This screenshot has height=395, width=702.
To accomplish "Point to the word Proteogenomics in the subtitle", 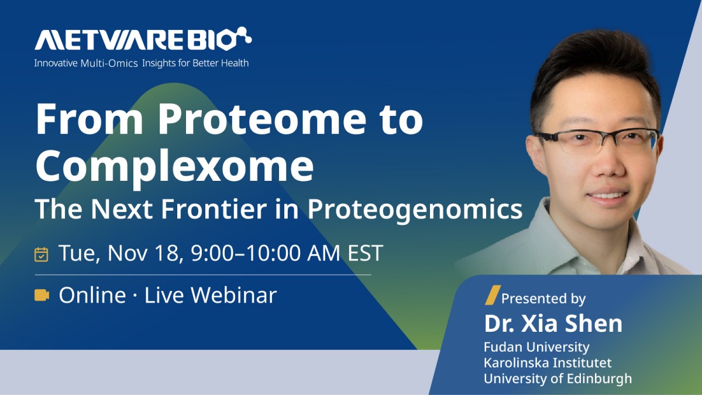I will (415, 209).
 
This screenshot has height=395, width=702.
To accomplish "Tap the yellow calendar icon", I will (42, 254).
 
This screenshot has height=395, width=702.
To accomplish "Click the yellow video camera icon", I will (42, 295).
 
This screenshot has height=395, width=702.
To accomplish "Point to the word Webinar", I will (234, 295).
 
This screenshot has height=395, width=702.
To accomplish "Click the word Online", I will (92, 295).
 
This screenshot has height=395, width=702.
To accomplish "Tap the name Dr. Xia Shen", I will (553, 324).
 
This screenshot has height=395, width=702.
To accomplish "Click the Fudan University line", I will (536, 347).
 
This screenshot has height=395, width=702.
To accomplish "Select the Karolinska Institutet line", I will (548, 363).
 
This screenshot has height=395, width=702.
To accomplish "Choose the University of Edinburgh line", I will (558, 379).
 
